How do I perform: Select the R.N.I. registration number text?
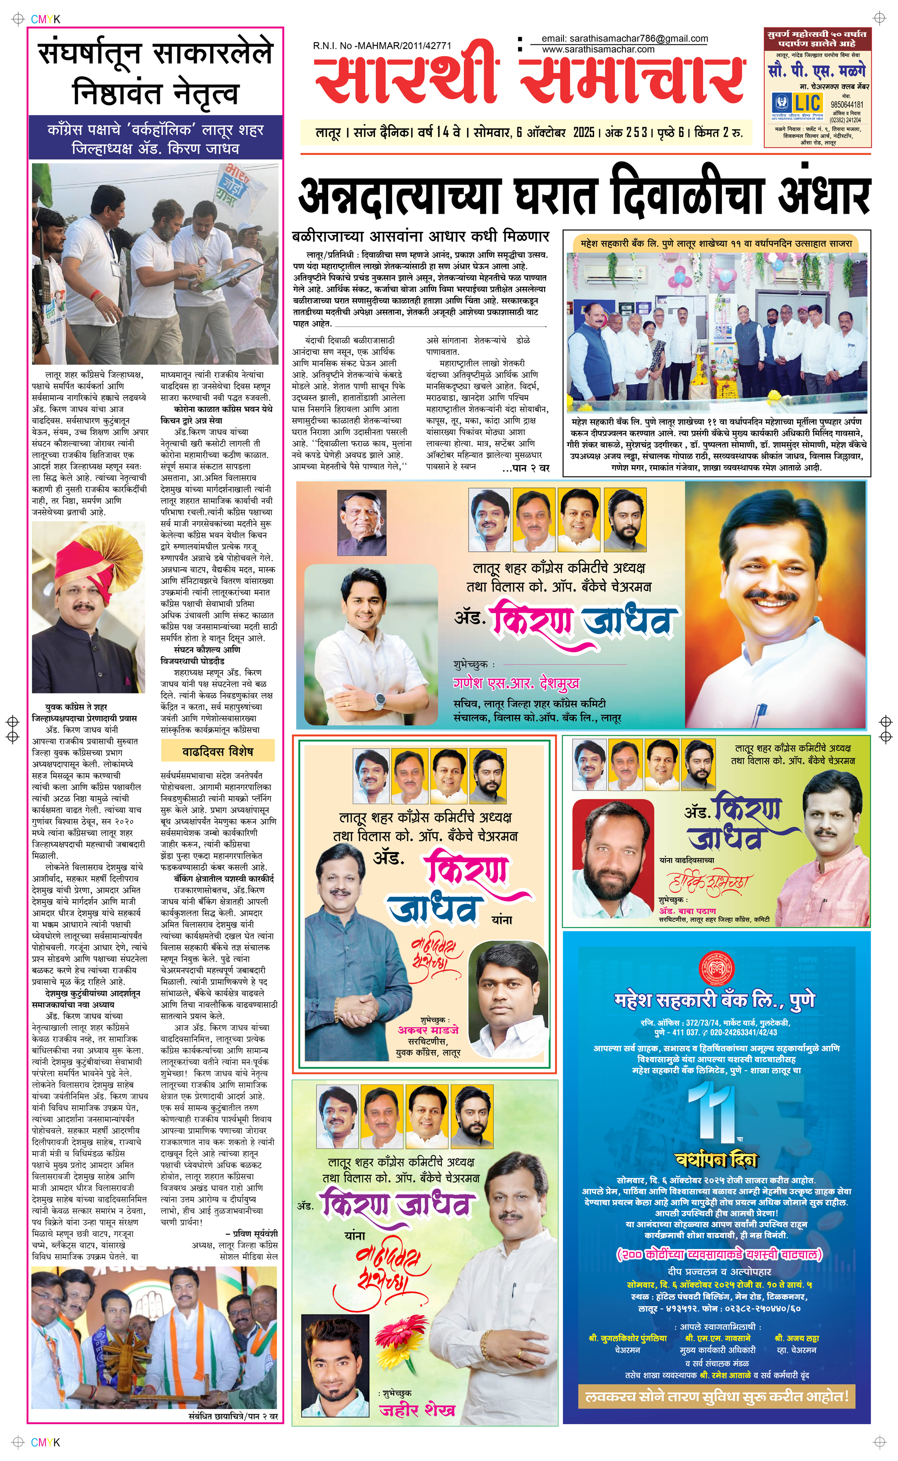pos(382,45)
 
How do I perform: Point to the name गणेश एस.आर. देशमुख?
pos(515,684)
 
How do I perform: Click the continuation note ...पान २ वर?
pos(525,468)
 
